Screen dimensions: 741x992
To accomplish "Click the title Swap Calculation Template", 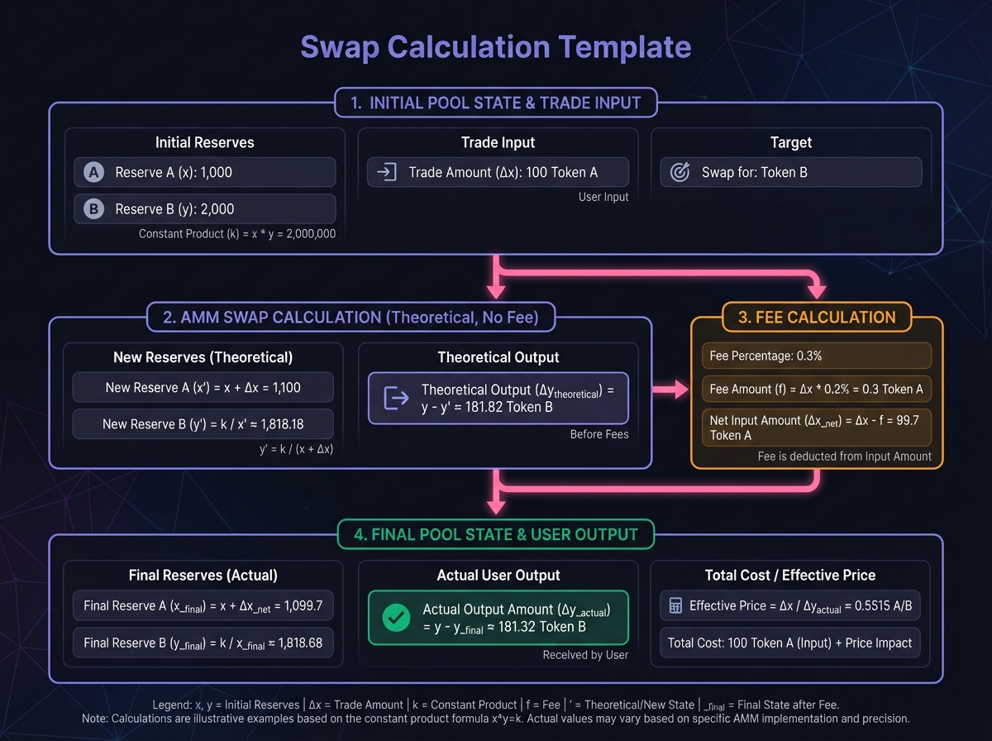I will [495, 47].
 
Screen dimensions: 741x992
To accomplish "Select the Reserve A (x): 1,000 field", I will [204, 172].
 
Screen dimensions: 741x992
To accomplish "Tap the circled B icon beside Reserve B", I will [93, 209].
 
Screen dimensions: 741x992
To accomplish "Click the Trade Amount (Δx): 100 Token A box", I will [498, 172].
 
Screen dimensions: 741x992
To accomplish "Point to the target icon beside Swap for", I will [679, 172].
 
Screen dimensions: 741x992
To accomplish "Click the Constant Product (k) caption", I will [237, 234].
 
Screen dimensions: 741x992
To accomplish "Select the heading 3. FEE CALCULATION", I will [817, 317].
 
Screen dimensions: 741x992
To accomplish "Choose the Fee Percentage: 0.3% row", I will [817, 356].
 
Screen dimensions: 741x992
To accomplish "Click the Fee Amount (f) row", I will [817, 390].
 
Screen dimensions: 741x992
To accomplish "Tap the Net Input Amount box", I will [817, 428].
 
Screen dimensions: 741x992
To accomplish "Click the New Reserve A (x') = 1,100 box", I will [203, 387].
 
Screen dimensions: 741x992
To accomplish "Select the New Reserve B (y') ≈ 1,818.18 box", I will [203, 423].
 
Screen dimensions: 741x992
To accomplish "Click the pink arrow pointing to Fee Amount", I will [670, 390].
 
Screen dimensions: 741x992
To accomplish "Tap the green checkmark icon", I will [398, 618].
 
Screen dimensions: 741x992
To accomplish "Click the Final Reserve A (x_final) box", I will [203, 605].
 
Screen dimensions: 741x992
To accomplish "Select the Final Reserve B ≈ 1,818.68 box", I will [203, 643].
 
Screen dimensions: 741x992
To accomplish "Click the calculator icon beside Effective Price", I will [675, 606].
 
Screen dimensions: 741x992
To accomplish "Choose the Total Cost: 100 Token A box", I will [789, 643].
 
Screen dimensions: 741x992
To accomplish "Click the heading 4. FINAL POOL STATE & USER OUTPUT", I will [496, 534].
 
